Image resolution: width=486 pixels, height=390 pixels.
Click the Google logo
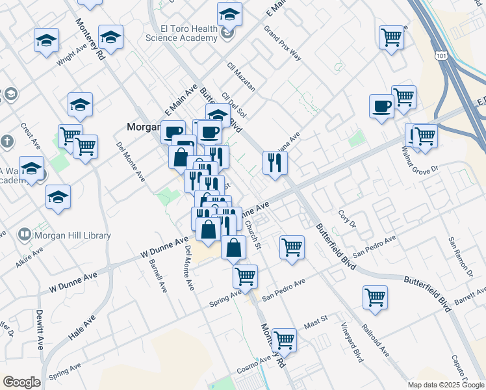pos(21,382)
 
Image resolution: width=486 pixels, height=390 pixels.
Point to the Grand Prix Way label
pos(283,43)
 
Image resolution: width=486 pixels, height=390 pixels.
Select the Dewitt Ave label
pos(40,329)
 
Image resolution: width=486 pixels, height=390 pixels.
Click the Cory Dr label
pos(348,218)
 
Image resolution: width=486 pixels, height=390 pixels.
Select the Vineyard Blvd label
pos(352,342)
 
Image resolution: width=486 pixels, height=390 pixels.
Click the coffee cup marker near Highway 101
pos(381,105)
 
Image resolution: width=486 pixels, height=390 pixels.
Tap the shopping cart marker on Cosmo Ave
pos(284,339)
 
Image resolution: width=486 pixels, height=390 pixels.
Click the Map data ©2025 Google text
pos(445,385)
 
